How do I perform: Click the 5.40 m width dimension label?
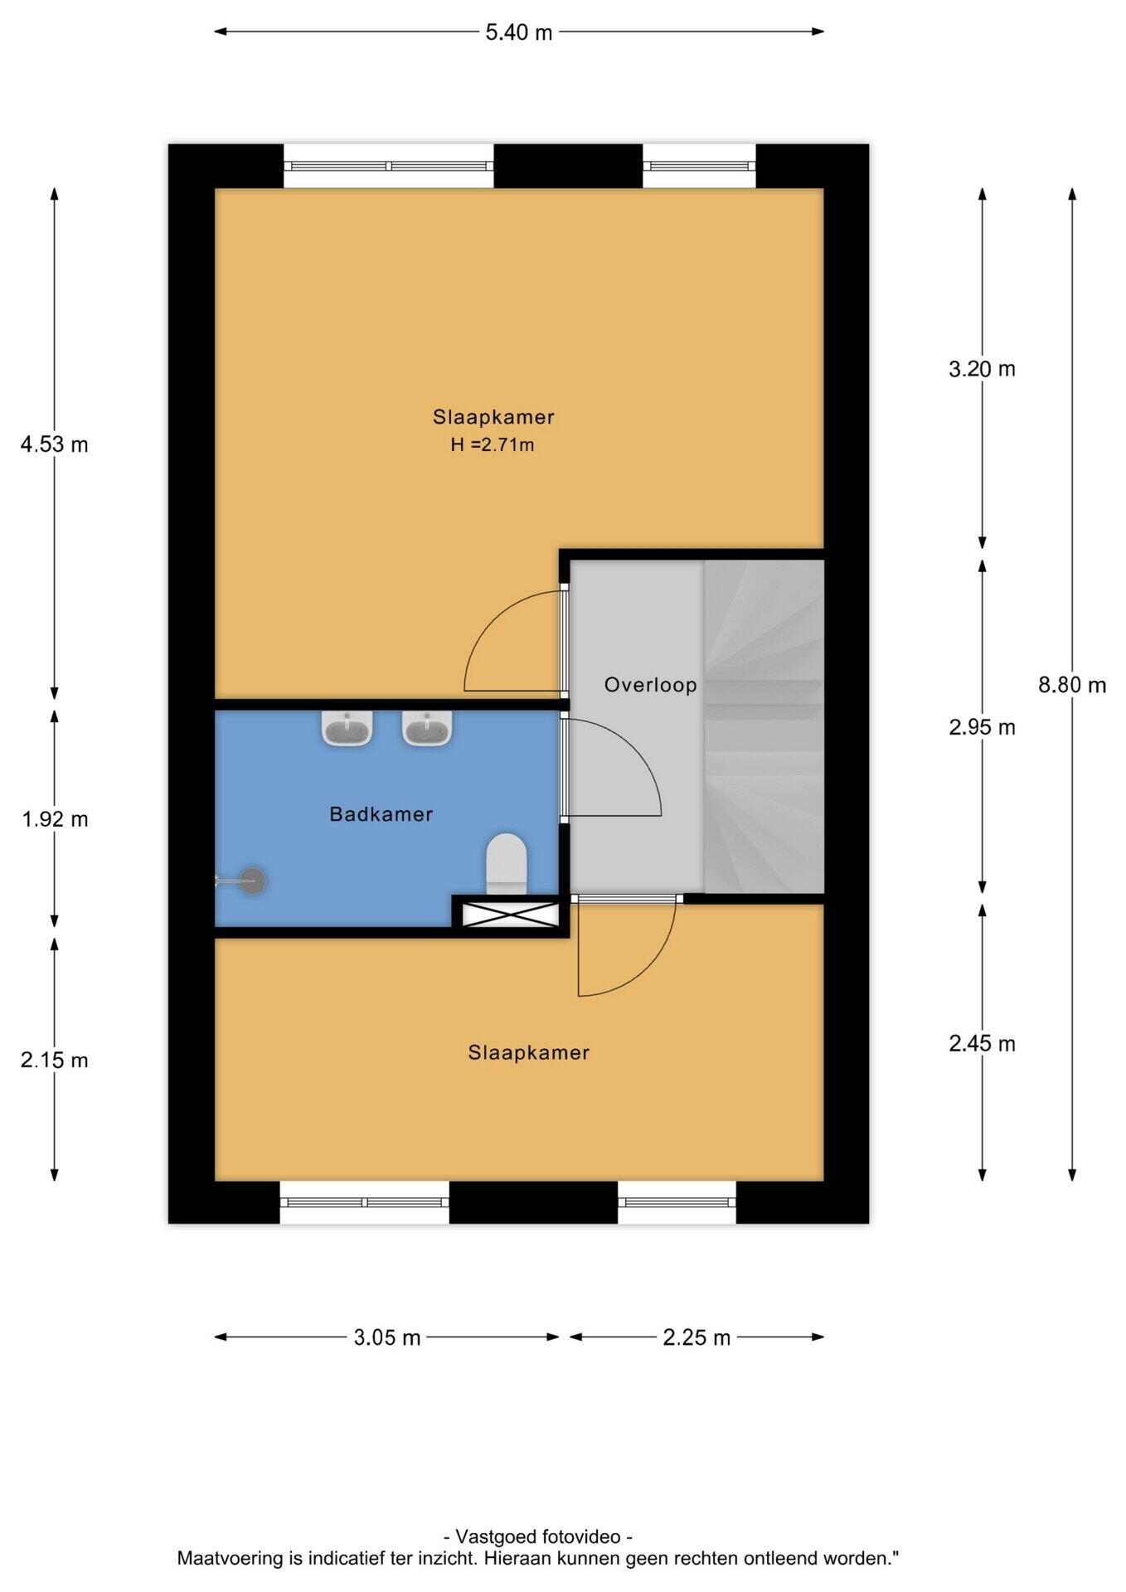(x=518, y=32)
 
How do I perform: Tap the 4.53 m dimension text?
(x=55, y=444)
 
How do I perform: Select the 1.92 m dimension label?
(x=55, y=819)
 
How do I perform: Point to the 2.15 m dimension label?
(x=55, y=1060)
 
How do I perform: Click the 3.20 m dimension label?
(x=982, y=369)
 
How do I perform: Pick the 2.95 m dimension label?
(x=982, y=727)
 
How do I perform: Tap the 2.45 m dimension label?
(x=982, y=1043)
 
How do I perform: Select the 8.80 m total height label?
(x=1072, y=685)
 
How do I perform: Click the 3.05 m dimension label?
(x=387, y=1337)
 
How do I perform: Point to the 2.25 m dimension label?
(x=696, y=1337)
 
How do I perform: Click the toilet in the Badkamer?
(x=507, y=864)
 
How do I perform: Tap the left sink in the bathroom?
(x=347, y=728)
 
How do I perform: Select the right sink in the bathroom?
(x=427, y=728)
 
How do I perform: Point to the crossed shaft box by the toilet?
(x=510, y=915)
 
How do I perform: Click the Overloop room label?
(x=650, y=685)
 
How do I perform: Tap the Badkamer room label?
(x=381, y=814)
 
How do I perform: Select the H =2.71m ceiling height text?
(x=493, y=444)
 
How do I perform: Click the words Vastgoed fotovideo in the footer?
(x=539, y=1536)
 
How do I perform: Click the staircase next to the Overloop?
(x=764, y=726)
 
